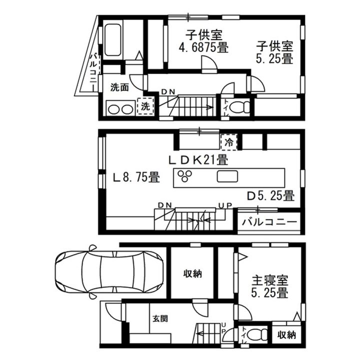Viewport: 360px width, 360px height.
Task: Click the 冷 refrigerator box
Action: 228,141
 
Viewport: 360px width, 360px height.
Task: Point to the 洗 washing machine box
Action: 145,106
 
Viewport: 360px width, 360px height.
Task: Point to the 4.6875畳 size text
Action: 204,48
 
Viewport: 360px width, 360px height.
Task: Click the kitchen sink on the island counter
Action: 227,176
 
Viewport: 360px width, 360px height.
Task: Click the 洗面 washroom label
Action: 119,87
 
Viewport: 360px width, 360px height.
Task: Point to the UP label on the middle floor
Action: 224,205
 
